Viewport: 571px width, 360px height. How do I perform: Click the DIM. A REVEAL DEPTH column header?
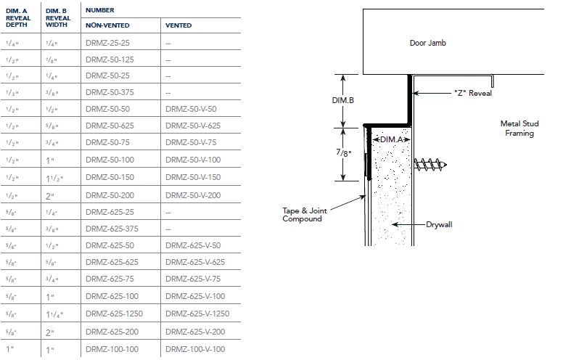[x=18, y=18]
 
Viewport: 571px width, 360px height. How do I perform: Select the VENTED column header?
[x=178, y=25]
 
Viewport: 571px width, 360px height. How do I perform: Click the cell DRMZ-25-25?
[x=107, y=43]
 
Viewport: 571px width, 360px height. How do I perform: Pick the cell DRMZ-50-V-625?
[x=193, y=126]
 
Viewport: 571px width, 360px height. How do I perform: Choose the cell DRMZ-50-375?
[x=110, y=92]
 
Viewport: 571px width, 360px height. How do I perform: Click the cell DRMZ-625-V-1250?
[x=197, y=315]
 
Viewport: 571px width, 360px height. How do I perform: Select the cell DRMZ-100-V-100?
[x=195, y=349]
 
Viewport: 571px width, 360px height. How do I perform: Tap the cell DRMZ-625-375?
[x=112, y=229]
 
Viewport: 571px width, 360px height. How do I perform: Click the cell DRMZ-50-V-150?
[x=193, y=177]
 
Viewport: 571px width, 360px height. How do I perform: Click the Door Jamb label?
[x=428, y=43]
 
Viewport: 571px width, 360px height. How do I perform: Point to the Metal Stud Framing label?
[x=519, y=128]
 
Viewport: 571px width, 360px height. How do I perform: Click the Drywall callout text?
[x=438, y=225]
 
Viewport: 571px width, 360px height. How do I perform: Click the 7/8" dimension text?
[x=342, y=153]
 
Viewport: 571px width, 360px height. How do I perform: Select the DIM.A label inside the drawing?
[x=391, y=139]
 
